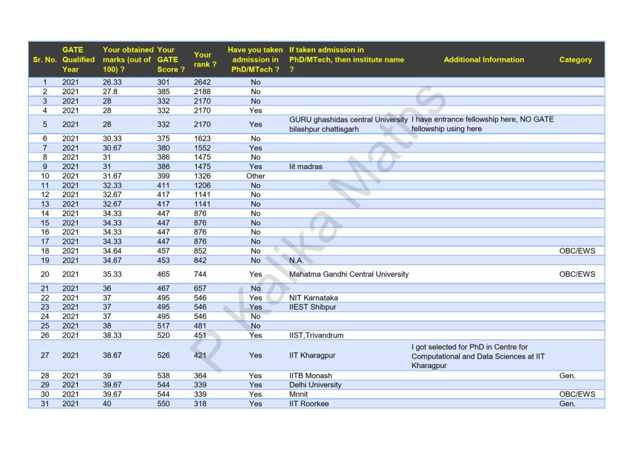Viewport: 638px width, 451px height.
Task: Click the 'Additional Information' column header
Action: coord(483,60)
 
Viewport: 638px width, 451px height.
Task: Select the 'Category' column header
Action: coord(575,60)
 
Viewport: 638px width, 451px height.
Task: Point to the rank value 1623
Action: coord(202,138)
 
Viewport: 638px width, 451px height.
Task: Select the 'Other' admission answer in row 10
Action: coord(255,176)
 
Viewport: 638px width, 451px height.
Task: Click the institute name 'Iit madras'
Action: coord(306,167)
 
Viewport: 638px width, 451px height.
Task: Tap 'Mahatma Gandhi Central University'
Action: coord(349,274)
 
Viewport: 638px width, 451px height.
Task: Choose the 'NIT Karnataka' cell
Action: coord(313,298)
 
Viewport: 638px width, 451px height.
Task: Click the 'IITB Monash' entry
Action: coord(310,376)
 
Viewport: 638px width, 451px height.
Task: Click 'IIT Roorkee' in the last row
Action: coord(309,404)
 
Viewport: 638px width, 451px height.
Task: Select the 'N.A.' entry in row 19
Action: coord(297,260)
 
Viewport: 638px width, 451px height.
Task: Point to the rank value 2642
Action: coord(202,82)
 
